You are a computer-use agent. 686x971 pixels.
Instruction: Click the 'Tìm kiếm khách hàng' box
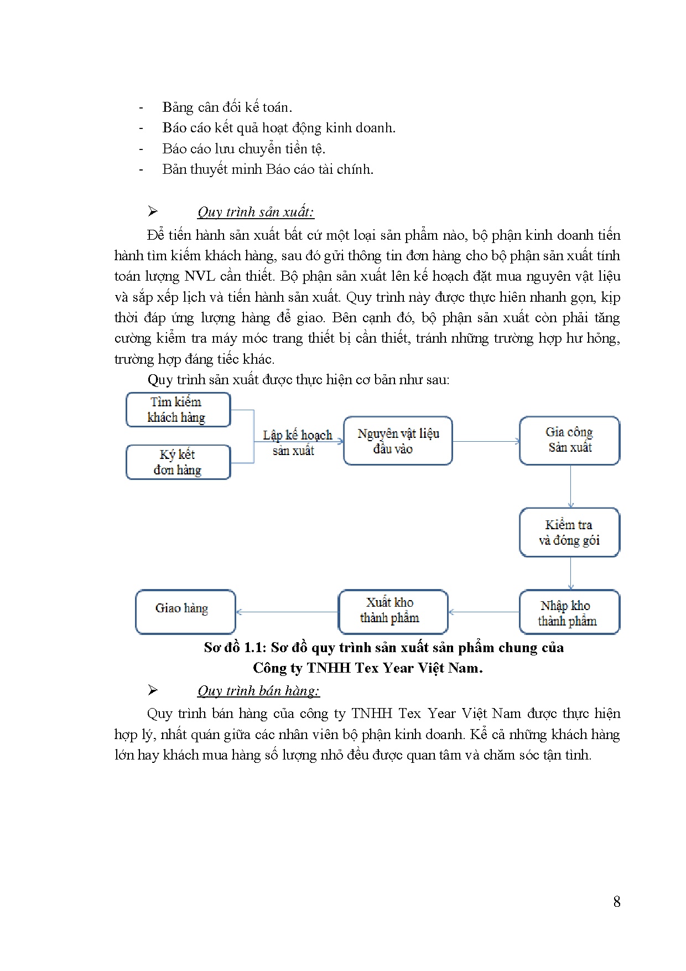178,410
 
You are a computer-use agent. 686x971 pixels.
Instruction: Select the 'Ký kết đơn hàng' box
178,462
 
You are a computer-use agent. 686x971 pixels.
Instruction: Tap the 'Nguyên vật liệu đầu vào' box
398,441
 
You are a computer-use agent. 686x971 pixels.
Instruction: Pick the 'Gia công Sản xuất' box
569,441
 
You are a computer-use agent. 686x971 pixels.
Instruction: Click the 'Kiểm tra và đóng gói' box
569,532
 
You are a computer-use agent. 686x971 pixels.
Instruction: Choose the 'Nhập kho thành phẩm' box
569,612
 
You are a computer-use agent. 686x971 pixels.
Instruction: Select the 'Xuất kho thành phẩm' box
392,611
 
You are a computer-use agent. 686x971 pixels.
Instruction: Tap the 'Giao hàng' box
185,611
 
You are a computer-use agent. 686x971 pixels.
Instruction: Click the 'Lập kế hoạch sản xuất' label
297,442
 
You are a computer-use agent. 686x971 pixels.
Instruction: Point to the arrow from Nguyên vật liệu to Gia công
486,441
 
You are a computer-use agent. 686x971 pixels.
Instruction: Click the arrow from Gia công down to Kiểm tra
570,486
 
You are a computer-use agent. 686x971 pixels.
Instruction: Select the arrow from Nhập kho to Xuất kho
484,612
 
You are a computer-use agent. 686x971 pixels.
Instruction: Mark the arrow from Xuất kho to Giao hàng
287,612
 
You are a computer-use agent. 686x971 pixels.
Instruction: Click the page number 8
617,902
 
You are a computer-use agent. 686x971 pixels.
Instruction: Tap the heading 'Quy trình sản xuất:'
256,212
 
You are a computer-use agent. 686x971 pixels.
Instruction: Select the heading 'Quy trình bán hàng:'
258,691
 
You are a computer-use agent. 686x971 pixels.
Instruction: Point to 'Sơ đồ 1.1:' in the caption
235,648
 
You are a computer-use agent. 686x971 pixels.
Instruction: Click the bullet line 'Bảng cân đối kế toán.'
227,107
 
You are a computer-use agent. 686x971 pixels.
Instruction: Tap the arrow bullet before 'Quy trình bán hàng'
153,690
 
